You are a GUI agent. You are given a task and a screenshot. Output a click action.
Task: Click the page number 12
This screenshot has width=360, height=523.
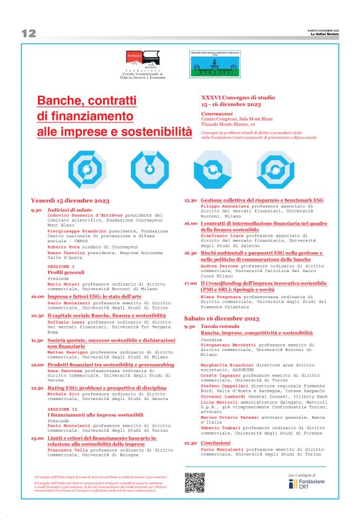(29, 34)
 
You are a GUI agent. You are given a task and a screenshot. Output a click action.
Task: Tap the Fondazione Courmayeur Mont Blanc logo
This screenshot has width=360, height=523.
(143, 65)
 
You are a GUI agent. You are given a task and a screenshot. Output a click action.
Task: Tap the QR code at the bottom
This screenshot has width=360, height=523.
(194, 483)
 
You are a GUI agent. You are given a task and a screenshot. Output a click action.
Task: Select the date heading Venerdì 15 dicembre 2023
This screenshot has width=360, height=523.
(70, 201)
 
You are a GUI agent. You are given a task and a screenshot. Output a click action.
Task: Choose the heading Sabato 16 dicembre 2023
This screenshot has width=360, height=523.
(221, 318)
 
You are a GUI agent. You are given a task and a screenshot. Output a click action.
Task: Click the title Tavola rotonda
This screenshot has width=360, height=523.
(218, 326)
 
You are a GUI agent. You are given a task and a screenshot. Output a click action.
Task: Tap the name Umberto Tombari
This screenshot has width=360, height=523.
(220, 429)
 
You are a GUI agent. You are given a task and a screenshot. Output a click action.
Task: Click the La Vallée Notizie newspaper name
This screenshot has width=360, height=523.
(326, 34)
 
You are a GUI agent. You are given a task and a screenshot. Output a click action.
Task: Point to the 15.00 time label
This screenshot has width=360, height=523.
(37, 438)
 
